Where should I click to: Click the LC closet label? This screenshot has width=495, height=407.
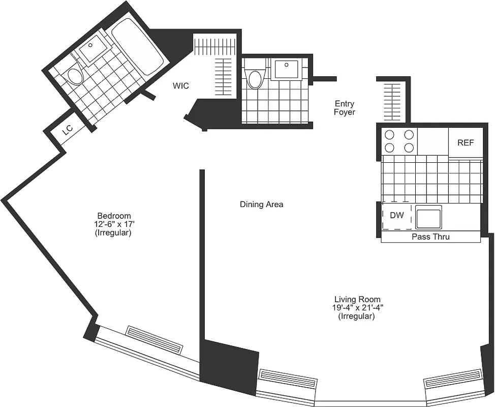pyautogui.click(x=68, y=131)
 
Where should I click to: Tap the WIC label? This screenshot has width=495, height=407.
pyautogui.click(x=180, y=86)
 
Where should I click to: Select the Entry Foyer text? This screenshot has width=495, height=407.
pyautogui.click(x=344, y=108)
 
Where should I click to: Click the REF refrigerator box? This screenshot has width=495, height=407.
pyautogui.click(x=465, y=142)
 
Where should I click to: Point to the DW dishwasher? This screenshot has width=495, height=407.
pyautogui.click(x=397, y=216)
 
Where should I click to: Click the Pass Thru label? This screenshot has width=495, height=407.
pyautogui.click(x=430, y=237)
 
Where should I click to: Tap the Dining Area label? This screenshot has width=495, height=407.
pyautogui.click(x=261, y=205)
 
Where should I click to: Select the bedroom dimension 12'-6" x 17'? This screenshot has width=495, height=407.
pyautogui.click(x=114, y=224)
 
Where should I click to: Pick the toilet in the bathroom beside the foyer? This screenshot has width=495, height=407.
pyautogui.click(x=254, y=78)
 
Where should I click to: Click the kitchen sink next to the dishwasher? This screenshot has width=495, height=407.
pyautogui.click(x=428, y=217)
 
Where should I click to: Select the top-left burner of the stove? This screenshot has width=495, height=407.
pyautogui.click(x=390, y=135)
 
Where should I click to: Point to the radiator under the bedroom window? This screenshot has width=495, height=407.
pyautogui.click(x=154, y=340)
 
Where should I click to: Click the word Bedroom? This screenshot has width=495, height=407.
pyautogui.click(x=114, y=216)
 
